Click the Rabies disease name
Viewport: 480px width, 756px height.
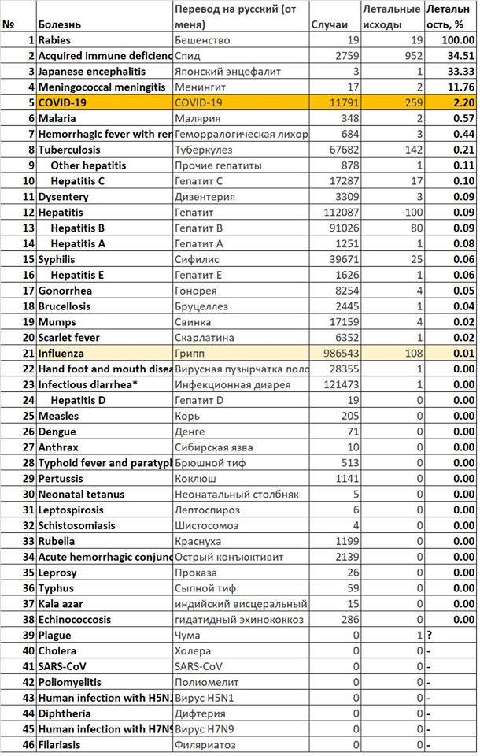(x=56, y=39)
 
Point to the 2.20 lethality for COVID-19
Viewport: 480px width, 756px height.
(x=461, y=102)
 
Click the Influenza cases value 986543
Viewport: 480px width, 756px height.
(x=334, y=353)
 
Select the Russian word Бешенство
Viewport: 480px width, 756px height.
(x=201, y=39)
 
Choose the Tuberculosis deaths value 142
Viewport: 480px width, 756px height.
(x=412, y=149)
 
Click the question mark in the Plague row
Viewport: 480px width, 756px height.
(x=429, y=635)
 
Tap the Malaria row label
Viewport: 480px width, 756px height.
(x=57, y=118)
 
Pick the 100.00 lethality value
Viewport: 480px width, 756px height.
(x=457, y=39)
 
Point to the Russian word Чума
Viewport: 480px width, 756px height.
(x=187, y=635)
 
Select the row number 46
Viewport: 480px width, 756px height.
(x=28, y=744)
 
